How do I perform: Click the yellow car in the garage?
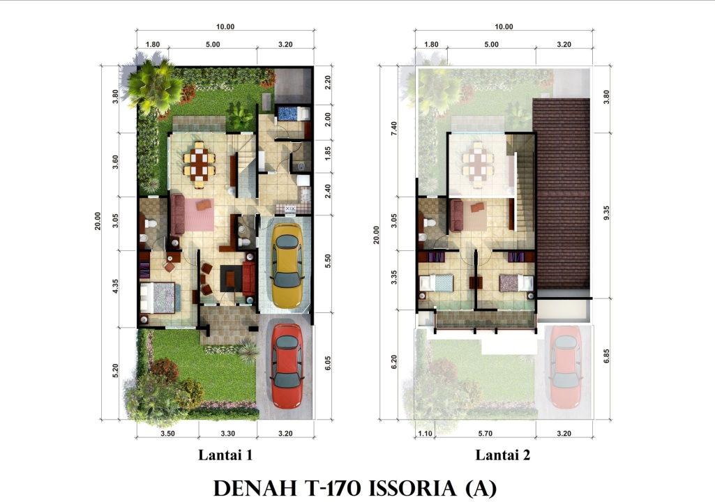pos(287,266)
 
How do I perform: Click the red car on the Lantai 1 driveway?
pos(287,366)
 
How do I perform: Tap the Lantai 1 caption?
pos(225,455)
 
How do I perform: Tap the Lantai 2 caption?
pos(503,455)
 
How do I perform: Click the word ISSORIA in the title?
pos(412,488)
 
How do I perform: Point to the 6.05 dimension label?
pos(328,363)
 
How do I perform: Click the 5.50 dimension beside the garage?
pos(328,261)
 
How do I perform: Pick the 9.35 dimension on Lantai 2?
pos(606,213)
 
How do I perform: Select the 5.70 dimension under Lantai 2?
pos(486,434)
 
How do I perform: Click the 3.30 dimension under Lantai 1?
pos(227,434)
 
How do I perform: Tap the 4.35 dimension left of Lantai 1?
pos(115,287)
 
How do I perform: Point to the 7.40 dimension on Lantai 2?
pos(394,128)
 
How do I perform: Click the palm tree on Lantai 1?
pos(154,86)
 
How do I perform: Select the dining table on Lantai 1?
pos(199,165)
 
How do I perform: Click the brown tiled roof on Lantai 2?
pos(562,193)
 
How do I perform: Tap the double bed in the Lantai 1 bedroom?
pos(158,298)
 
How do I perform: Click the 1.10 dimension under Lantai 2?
pos(425,434)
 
